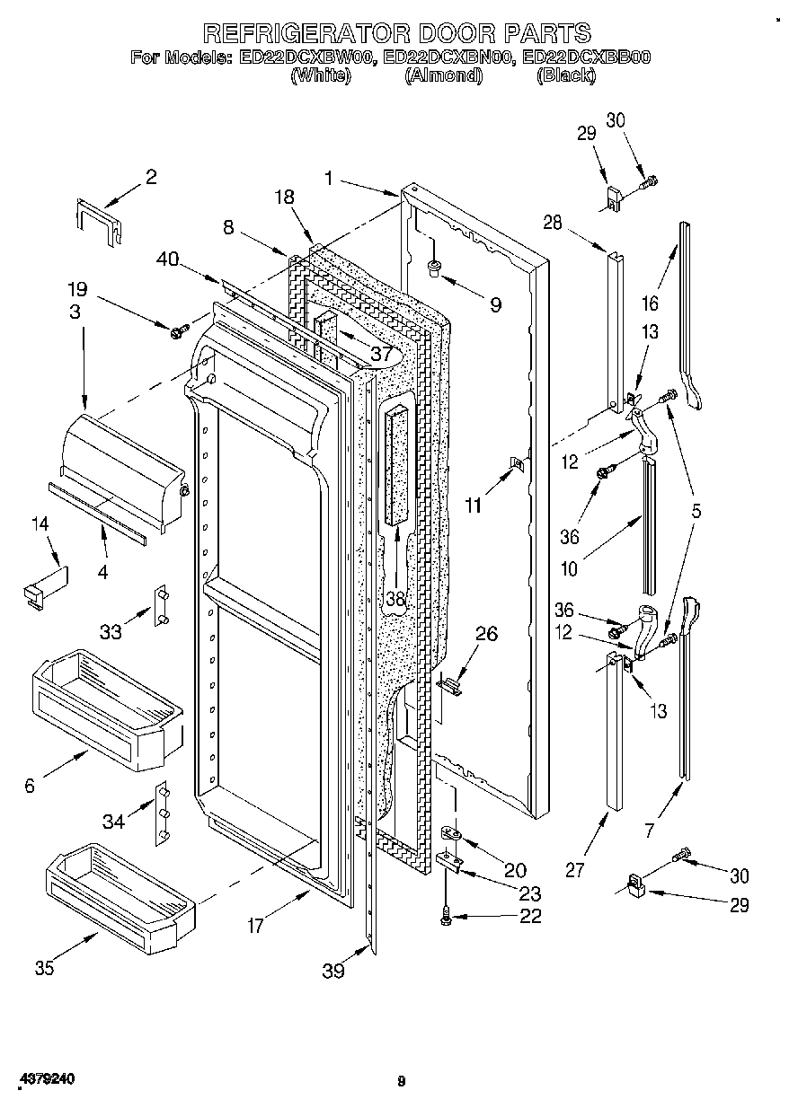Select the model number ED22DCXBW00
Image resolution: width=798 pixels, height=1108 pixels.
[306, 58]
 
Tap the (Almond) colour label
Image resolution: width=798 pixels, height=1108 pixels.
[444, 76]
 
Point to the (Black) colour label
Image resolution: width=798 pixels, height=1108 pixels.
[565, 76]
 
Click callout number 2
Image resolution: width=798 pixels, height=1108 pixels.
[151, 177]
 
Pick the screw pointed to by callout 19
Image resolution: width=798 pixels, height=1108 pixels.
[176, 332]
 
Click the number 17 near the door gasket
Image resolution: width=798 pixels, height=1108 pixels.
[256, 926]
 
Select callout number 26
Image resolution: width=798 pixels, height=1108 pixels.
[486, 634]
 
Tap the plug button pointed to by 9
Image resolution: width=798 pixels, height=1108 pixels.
[434, 266]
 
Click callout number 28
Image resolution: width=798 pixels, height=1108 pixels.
[552, 222]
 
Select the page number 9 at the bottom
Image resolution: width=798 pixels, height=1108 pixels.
[402, 1082]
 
